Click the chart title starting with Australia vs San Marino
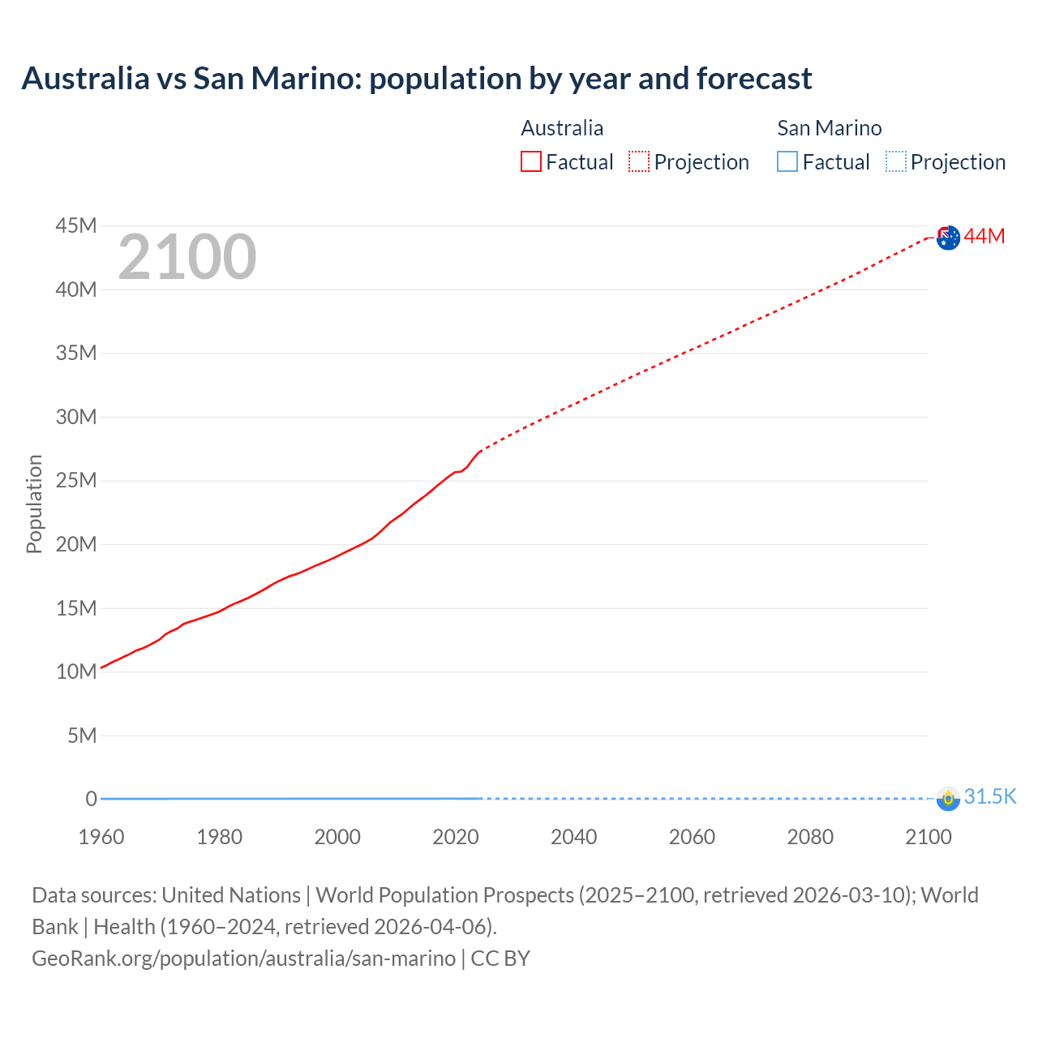pos(417,79)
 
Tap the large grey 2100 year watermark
pos(187,257)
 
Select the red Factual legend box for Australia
pos(531,161)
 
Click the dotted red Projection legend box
pos(639,161)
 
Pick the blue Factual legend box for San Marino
pos(787,161)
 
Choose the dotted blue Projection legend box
pos(896,161)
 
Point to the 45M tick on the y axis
pos(76,225)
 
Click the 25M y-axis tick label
pos(76,480)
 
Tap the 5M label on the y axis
pos(82,736)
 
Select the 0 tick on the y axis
pos(91,799)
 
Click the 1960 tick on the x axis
pos(101,837)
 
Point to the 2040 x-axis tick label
pos(573,837)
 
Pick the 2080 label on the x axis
pos(810,837)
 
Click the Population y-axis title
pos(34,504)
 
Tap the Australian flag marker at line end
pos(948,238)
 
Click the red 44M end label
pos(984,236)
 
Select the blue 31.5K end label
pos(990,796)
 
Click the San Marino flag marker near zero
pos(948,798)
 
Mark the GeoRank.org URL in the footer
pos(244,958)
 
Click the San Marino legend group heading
pos(829,128)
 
